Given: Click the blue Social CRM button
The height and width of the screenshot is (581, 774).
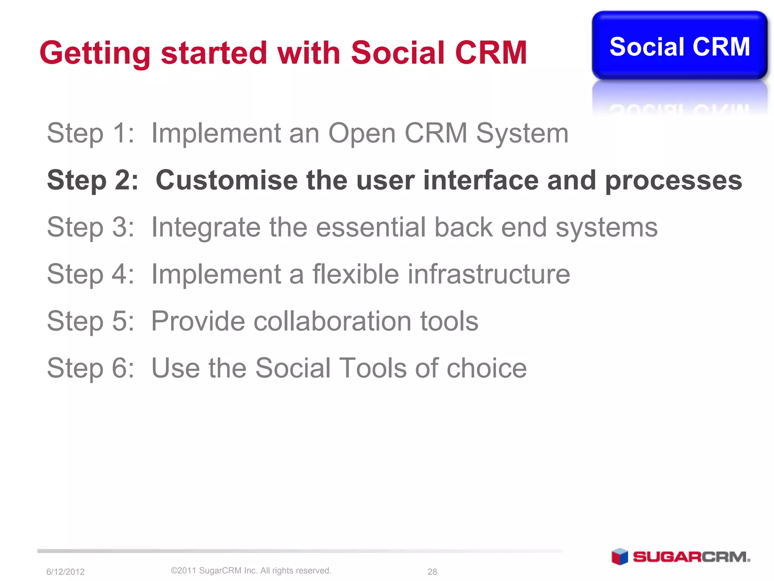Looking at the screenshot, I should [x=679, y=46].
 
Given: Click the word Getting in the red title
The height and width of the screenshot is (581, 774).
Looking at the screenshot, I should [x=95, y=53].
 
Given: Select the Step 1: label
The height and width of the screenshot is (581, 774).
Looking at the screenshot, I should [x=90, y=133].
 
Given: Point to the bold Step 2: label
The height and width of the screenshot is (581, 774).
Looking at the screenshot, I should [x=92, y=180].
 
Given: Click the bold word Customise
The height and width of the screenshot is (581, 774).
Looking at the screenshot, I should [x=226, y=180].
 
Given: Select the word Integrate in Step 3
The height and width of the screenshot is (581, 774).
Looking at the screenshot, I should [x=206, y=228].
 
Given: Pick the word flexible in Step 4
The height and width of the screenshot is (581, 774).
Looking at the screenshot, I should [x=355, y=274].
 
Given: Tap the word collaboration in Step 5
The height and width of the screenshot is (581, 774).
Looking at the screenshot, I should [x=333, y=321].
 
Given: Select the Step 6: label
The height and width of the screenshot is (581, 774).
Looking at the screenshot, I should [x=90, y=368].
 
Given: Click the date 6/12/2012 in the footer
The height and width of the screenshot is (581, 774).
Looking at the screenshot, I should [x=65, y=572].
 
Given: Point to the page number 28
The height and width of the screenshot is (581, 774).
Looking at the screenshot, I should [x=432, y=572].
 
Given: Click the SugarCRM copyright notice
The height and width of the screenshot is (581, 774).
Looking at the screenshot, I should [x=251, y=570].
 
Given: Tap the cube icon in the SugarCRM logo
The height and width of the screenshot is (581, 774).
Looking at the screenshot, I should [x=619, y=556].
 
